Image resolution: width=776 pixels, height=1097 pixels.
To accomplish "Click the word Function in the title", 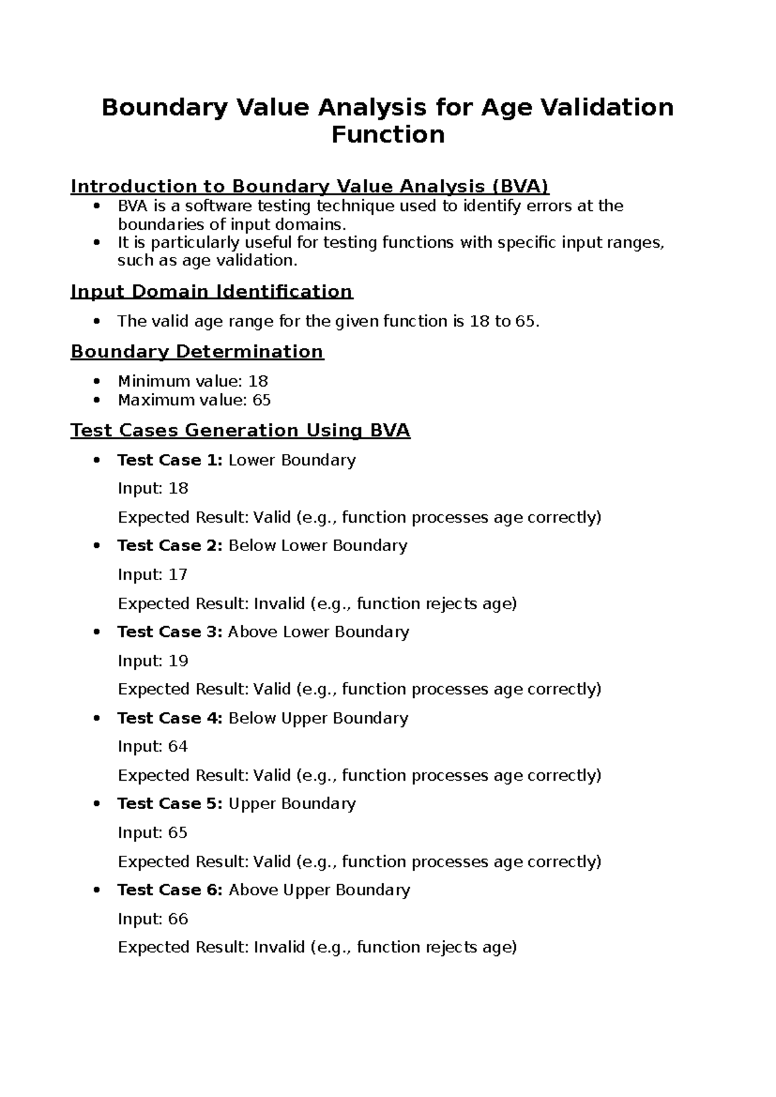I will pyautogui.click(x=387, y=135).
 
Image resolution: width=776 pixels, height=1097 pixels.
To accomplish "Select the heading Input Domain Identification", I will pyautogui.click(x=211, y=291).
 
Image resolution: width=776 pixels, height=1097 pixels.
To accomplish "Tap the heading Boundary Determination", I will pyautogui.click(x=197, y=351).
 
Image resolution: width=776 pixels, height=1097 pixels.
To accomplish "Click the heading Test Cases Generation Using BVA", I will pyautogui.click(x=240, y=430).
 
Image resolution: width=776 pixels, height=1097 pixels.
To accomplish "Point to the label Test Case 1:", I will pyautogui.click(x=169, y=460).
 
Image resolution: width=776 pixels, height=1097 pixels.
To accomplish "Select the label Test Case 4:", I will pyautogui.click(x=169, y=718).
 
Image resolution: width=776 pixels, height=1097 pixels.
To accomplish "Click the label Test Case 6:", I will pyautogui.click(x=169, y=890).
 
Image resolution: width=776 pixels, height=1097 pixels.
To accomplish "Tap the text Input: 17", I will pyautogui.click(x=153, y=574).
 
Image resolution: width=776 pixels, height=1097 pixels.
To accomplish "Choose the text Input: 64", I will pyautogui.click(x=153, y=746).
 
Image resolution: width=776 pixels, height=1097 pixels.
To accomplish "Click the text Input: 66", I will pyautogui.click(x=153, y=919).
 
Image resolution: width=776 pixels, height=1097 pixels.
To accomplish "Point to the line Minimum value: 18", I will pyautogui.click(x=193, y=381).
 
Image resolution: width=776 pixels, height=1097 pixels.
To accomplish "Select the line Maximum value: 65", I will pyautogui.click(x=194, y=400).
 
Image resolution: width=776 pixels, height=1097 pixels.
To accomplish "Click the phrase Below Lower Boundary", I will pyautogui.click(x=318, y=545).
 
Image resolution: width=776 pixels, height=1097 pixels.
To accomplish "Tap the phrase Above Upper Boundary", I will pyautogui.click(x=319, y=890).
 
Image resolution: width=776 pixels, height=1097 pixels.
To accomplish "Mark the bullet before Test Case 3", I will pyautogui.click(x=97, y=632).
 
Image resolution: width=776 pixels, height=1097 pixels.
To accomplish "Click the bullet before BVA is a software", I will pyautogui.click(x=97, y=206).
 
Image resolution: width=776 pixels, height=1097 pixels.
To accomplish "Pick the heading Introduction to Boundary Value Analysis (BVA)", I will pyautogui.click(x=309, y=186).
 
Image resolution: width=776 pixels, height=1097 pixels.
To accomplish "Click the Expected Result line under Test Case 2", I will pyautogui.click(x=317, y=603).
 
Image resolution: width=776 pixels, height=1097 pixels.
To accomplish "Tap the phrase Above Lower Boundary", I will pyautogui.click(x=318, y=632).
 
